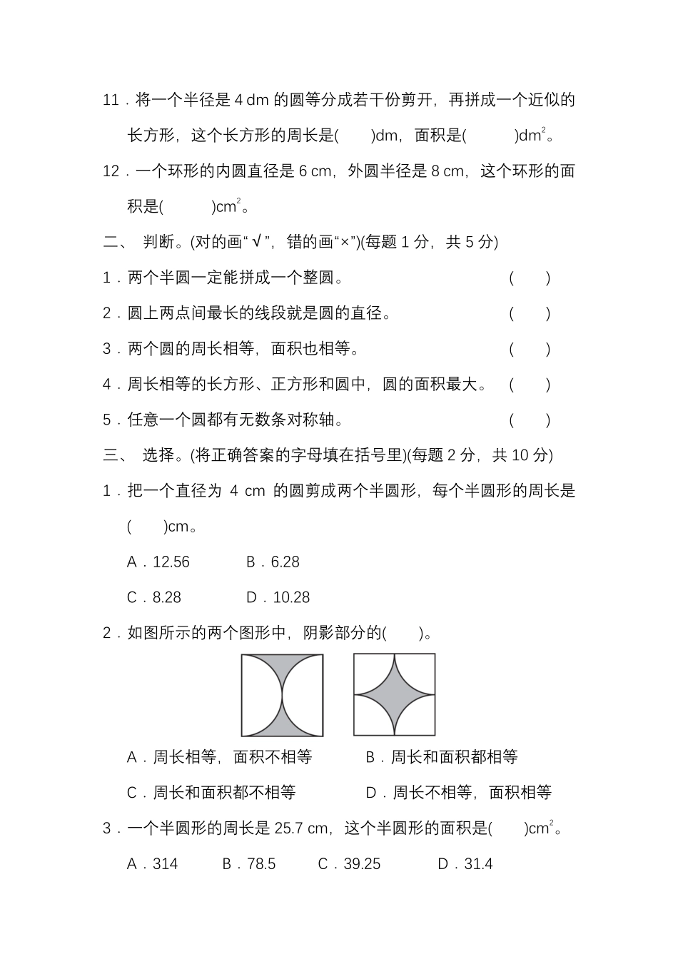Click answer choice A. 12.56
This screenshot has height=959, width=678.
point(158,562)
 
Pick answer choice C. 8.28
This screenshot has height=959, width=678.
point(153,598)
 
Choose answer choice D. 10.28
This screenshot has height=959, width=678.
point(278,598)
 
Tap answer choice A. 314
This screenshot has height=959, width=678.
point(152,864)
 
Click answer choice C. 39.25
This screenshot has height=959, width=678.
point(349,864)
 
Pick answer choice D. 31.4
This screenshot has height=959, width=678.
point(465,864)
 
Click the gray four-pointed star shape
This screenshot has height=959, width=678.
point(395,694)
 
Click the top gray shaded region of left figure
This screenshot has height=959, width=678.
point(283,666)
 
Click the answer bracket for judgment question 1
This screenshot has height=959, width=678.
point(530,278)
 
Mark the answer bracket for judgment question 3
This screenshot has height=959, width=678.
point(530,350)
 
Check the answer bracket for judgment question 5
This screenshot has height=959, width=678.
point(530,420)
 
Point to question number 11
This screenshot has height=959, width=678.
point(111,100)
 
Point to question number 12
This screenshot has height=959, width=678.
point(111,171)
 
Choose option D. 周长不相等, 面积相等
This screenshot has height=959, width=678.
point(458,793)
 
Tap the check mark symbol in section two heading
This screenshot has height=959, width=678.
point(257,243)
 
